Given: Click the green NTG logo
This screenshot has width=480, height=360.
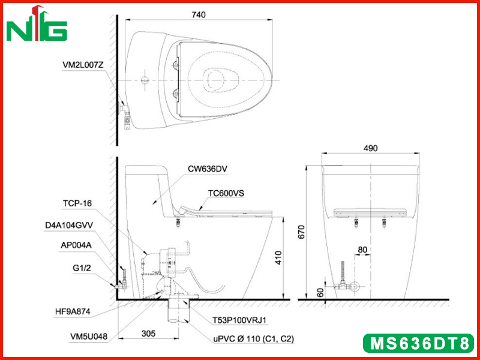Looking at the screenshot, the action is pyautogui.click(x=37, y=24).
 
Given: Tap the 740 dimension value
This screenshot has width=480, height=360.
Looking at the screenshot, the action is pyautogui.click(x=199, y=14).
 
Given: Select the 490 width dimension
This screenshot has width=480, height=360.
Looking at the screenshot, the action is pyautogui.click(x=370, y=148).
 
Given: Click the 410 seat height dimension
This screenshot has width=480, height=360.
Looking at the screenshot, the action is pyautogui.click(x=278, y=258).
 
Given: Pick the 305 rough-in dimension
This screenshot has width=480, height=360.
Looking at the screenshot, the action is pyautogui.click(x=148, y=333).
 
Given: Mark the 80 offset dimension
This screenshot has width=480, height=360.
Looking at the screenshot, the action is pyautogui.click(x=362, y=250).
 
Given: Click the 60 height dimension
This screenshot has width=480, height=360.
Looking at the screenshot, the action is pyautogui.click(x=320, y=293).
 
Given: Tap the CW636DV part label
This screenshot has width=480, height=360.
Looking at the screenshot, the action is pyautogui.click(x=208, y=169).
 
